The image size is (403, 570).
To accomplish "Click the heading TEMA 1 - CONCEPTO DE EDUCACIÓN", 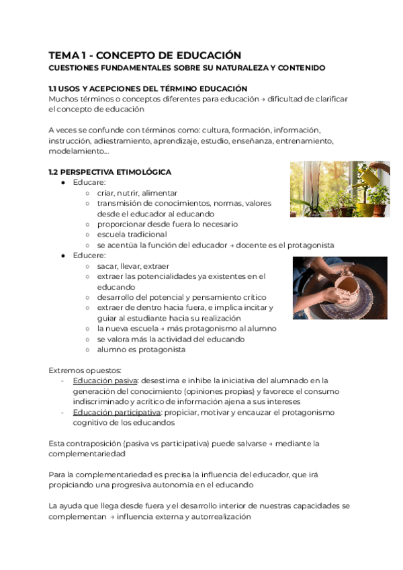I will (144, 55).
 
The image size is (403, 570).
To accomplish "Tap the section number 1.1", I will (54, 89).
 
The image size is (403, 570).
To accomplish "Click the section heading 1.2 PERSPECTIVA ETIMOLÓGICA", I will (110, 172).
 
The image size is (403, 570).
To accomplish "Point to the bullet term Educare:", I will (89, 182).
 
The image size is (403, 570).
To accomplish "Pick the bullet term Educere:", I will (89, 255).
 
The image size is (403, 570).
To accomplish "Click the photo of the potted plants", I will (339, 189).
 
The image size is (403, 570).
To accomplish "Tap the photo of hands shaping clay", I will (339, 288).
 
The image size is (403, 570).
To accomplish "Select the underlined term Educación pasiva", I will (101, 380).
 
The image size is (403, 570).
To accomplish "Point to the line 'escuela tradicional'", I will (132, 235).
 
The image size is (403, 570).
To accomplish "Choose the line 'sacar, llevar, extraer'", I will (133, 266).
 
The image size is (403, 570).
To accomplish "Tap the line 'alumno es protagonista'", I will (141, 350).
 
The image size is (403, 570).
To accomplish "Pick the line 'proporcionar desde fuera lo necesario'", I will (167, 224).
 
